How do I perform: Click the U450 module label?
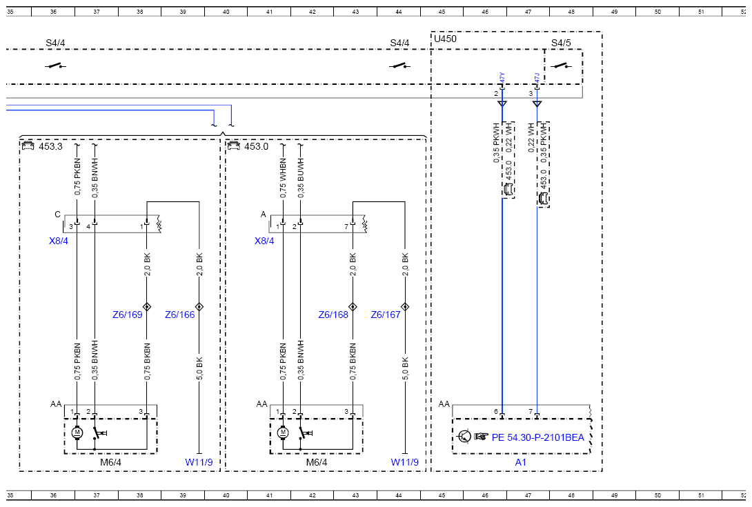(x=445, y=39)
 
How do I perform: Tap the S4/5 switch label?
(x=561, y=43)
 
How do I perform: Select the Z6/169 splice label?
(x=127, y=315)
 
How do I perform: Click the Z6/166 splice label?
(x=180, y=315)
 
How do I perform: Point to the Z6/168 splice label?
(x=333, y=315)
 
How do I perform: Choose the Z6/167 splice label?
(x=386, y=315)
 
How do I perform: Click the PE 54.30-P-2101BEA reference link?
(x=537, y=437)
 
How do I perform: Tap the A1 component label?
(x=520, y=462)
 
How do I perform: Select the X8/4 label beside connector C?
(x=59, y=241)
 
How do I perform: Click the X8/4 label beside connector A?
(x=264, y=241)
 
